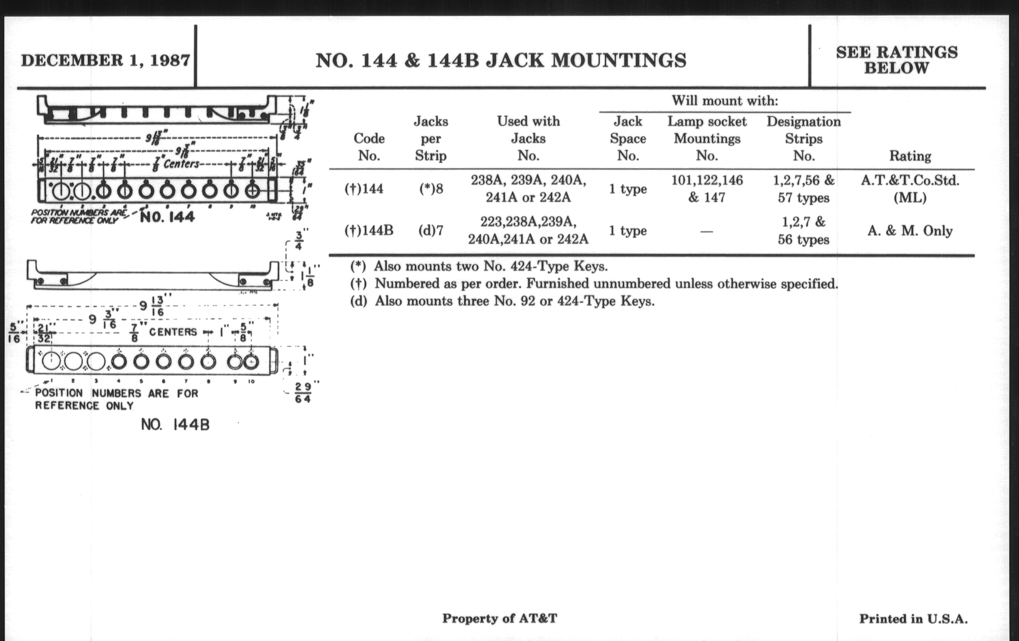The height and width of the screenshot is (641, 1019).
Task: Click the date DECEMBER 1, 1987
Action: (x=105, y=60)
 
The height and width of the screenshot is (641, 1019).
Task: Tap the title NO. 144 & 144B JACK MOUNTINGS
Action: (x=501, y=60)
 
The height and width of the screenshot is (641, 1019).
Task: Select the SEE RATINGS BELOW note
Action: (x=896, y=60)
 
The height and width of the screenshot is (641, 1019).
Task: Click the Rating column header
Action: (x=910, y=156)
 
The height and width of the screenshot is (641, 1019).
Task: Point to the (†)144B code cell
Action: (x=369, y=230)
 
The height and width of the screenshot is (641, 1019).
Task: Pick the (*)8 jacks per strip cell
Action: (x=431, y=189)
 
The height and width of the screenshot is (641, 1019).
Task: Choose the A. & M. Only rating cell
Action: (x=910, y=231)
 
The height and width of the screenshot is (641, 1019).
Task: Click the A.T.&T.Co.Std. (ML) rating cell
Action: (x=910, y=189)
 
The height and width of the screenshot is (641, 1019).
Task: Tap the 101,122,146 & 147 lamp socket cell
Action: (x=707, y=189)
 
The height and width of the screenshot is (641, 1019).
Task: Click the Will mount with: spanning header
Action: (x=724, y=101)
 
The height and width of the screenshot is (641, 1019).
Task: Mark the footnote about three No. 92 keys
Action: (x=502, y=301)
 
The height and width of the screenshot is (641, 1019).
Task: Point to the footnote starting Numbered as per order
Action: (x=594, y=284)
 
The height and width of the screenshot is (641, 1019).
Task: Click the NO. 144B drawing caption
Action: (x=175, y=425)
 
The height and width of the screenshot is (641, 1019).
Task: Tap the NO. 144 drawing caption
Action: (x=167, y=217)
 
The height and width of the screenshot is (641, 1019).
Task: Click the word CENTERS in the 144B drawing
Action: (x=173, y=332)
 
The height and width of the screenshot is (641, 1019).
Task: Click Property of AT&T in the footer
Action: (x=499, y=618)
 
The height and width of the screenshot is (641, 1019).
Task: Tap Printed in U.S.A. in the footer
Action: (x=913, y=619)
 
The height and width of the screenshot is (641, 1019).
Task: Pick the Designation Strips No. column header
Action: (x=803, y=139)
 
